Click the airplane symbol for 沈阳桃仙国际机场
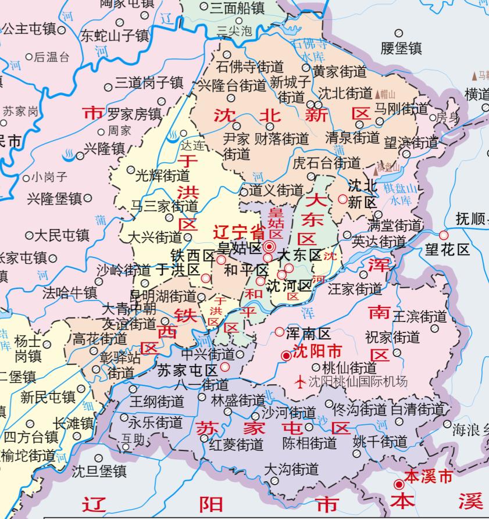point(300,382)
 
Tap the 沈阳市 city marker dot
point(285,355)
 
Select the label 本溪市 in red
point(429,477)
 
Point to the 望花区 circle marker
point(444,235)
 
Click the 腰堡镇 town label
point(401,48)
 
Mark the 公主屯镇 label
point(29,28)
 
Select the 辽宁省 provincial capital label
point(239,231)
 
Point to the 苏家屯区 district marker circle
point(225,367)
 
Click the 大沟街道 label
point(291,468)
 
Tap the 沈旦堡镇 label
point(99,471)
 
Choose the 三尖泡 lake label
point(234,30)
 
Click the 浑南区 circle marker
point(280,332)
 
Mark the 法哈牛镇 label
point(70,292)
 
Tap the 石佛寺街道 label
point(250,66)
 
